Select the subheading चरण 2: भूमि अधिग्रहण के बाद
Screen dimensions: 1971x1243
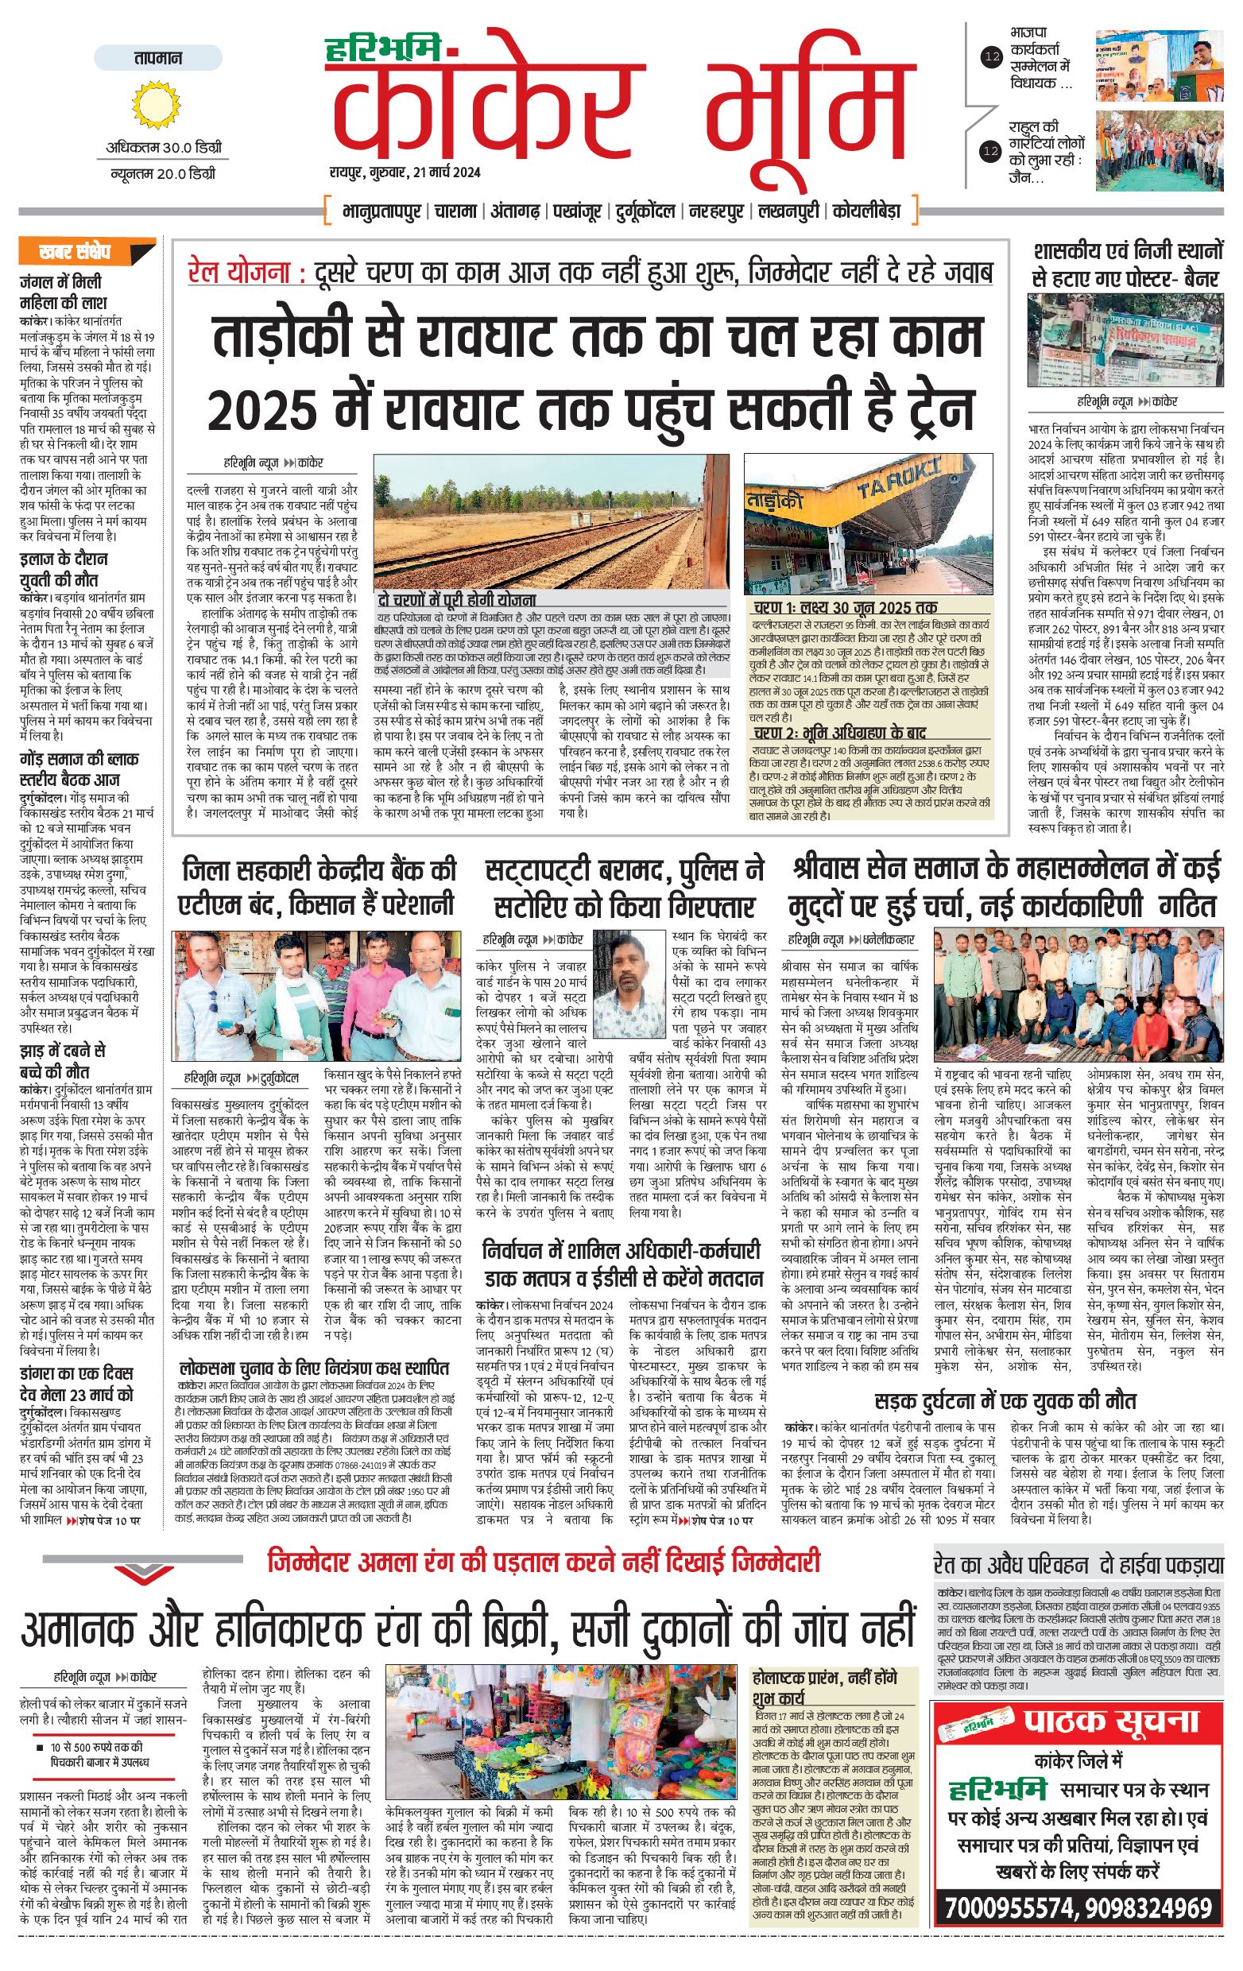[838, 732]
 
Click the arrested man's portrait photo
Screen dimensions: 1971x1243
[629, 983]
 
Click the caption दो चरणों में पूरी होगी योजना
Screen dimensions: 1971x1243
[456, 600]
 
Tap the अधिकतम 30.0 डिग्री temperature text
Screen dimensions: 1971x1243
[164, 148]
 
